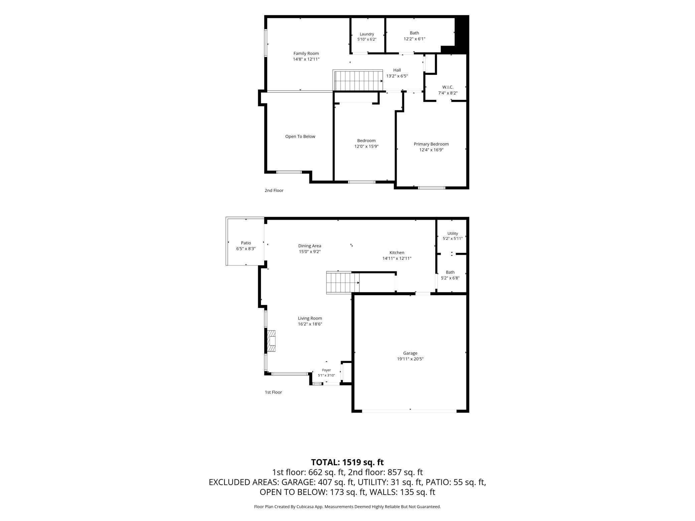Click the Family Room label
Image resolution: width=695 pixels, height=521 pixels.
coord(306,53)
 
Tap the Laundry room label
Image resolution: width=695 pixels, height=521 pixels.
coord(367,34)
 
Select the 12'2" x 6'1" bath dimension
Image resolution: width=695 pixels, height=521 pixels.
coord(414,39)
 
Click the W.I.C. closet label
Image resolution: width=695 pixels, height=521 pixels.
coord(448,87)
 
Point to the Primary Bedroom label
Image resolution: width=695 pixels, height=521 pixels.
coord(431,144)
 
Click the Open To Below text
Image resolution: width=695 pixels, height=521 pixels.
coord(300,136)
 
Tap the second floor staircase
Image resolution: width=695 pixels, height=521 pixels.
coord(358,80)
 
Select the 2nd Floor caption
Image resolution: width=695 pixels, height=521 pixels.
coord(274,190)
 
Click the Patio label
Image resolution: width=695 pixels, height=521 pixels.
coord(246,243)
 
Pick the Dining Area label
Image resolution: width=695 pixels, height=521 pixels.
coord(310,246)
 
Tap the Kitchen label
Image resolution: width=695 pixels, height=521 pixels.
coord(397,253)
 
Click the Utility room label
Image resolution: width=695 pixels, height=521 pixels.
coord(453,233)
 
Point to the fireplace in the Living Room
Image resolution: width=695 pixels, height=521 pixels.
coord(271,341)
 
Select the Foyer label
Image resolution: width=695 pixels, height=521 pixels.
coord(326,370)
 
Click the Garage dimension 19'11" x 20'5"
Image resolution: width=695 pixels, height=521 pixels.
coord(410,359)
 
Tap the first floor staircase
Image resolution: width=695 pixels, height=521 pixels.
coord(343,283)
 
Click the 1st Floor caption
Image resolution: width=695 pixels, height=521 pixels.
coord(273,392)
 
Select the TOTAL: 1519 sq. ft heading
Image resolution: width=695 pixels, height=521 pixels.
coord(347,462)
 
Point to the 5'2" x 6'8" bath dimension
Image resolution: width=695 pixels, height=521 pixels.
coord(450,278)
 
